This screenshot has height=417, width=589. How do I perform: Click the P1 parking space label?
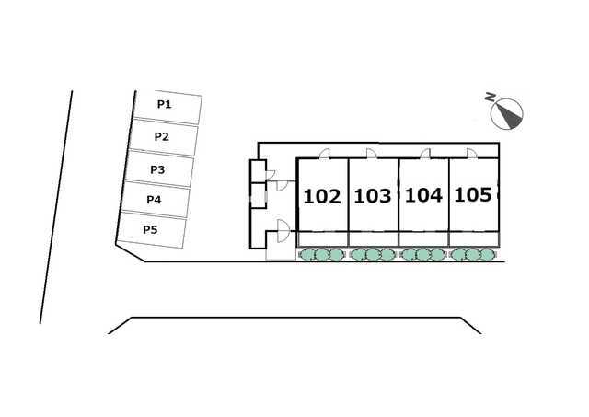[164, 104]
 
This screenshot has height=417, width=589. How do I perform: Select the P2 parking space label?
[162, 136]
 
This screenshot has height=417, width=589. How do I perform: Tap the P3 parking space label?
[157, 169]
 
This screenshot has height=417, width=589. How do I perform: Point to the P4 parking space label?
[154, 200]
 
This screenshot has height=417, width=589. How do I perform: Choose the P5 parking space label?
[150, 229]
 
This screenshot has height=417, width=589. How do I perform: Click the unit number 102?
[322, 196]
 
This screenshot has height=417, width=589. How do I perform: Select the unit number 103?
[372, 196]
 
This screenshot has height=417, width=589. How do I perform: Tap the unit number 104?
[423, 195]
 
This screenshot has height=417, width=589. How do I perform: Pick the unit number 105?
[472, 194]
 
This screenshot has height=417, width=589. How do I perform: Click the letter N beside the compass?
[490, 98]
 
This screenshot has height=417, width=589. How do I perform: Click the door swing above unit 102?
[325, 154]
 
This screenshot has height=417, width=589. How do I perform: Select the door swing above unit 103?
[372, 154]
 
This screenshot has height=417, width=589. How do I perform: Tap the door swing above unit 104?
[425, 154]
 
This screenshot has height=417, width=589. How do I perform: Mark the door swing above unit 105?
[472, 154]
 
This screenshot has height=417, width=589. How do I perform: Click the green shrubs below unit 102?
[321, 255]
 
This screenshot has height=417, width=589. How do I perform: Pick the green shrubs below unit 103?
[372, 255]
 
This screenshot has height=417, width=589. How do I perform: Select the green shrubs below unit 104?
[423, 255]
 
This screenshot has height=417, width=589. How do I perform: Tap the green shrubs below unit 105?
[472, 255]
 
